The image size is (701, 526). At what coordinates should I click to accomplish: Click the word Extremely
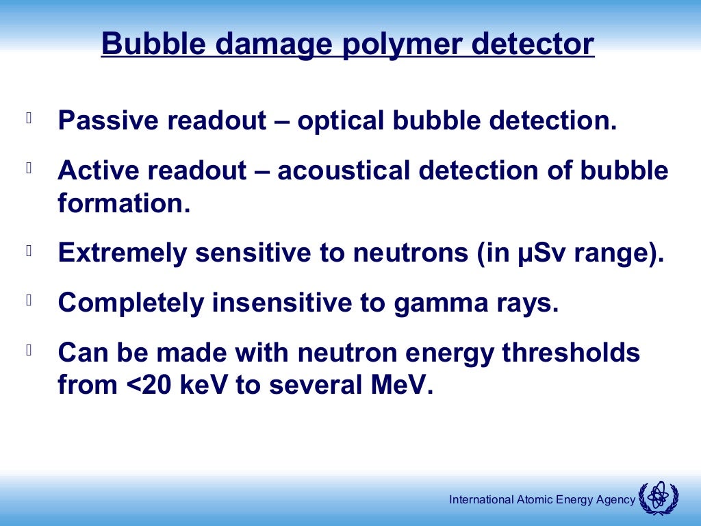click(122, 253)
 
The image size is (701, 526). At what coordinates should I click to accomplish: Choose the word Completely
click(130, 303)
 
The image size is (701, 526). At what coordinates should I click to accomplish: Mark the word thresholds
click(571, 353)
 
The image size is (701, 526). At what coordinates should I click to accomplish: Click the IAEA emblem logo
click(658, 499)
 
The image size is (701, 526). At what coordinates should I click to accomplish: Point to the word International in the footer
click(481, 500)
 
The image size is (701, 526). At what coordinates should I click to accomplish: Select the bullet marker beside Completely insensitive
click(29, 299)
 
